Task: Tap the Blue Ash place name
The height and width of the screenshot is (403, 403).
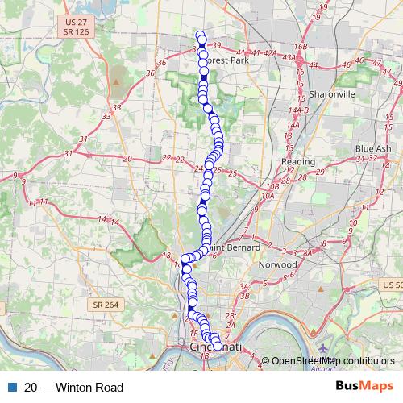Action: (x=372, y=148)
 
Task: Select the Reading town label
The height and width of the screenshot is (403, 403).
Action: (x=297, y=161)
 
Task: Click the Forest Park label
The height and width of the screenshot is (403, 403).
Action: (x=228, y=60)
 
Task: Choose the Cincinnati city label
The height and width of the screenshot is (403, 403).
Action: (x=215, y=347)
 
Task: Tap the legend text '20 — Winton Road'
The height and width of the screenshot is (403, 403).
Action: (x=74, y=387)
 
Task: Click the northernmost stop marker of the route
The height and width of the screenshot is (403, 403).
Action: (x=201, y=35)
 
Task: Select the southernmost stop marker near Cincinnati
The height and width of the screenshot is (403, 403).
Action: (x=217, y=346)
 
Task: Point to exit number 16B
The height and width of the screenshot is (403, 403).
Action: (x=301, y=48)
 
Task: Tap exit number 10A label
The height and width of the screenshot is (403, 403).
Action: (x=268, y=195)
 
